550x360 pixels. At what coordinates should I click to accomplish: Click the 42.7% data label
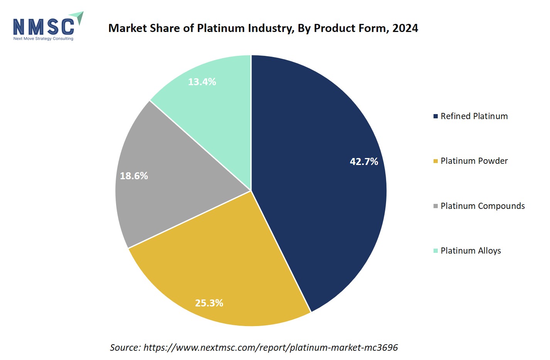(364, 161)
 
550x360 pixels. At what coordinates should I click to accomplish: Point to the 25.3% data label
(209, 303)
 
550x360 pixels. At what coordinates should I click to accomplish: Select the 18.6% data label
(134, 176)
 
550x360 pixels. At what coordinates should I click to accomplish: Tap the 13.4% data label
(202, 82)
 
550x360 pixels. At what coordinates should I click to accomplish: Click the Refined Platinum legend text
(474, 116)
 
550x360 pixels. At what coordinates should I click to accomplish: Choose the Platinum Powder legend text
(474, 161)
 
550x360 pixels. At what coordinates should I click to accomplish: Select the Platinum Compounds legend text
(483, 206)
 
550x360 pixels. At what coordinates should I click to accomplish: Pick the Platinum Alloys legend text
(471, 251)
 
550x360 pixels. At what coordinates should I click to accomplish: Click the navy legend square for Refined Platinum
(435, 116)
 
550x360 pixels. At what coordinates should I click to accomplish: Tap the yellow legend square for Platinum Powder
(435, 161)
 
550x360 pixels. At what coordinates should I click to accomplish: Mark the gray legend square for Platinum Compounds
(435, 206)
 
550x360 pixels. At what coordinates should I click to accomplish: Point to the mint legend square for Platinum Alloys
(435, 251)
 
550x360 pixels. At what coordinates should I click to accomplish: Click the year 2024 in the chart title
(405, 28)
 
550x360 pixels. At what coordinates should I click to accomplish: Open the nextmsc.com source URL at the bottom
(270, 347)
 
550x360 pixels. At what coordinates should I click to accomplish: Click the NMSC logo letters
(44, 27)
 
